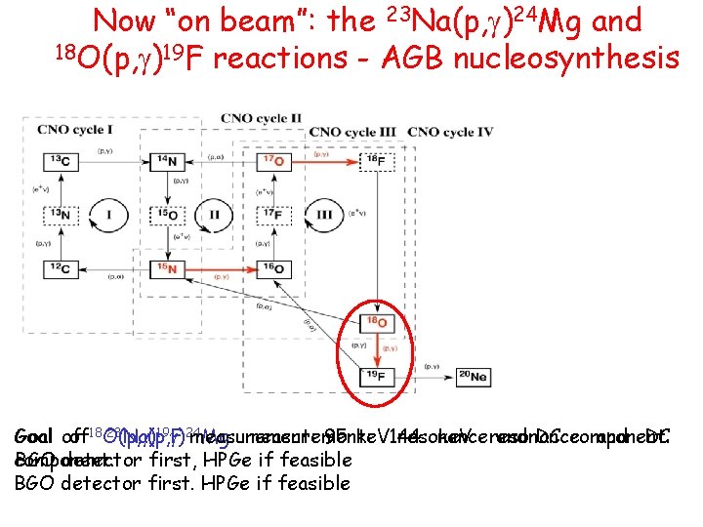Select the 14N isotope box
coord(170,160)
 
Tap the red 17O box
coord(275,160)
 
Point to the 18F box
coord(376,160)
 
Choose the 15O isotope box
coord(170,214)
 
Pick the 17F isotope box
coord(275,214)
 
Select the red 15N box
coord(170,267)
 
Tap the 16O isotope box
coord(275,267)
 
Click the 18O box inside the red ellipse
coord(375,323)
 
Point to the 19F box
coord(375,376)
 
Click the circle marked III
coord(322,214)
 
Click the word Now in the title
coord(126,21)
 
